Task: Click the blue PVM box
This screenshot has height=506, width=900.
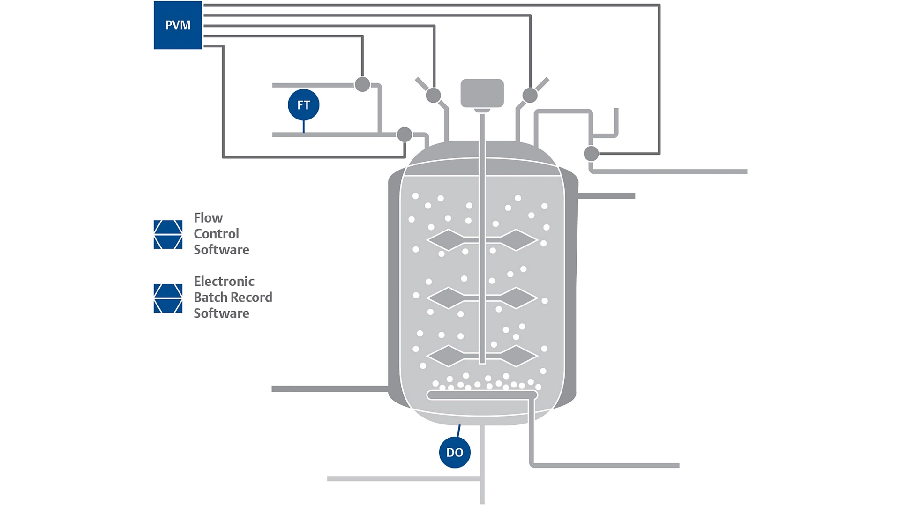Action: [x=178, y=25]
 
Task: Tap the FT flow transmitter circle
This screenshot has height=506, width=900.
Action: [x=303, y=104]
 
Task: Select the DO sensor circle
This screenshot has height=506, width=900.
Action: [x=454, y=452]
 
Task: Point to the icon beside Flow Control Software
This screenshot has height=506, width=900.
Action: [x=168, y=234]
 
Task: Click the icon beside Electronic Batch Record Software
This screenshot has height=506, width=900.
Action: [x=168, y=298]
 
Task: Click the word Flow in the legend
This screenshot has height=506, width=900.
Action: [x=208, y=218]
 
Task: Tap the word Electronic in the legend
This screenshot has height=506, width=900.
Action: [x=224, y=281]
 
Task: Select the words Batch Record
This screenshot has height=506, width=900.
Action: [x=232, y=297]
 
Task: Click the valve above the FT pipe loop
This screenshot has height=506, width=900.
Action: [x=362, y=84]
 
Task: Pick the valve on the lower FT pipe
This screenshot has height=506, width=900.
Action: [x=404, y=134]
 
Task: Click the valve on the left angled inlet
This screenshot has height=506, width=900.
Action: [x=433, y=95]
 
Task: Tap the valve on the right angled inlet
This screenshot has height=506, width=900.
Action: [x=530, y=95]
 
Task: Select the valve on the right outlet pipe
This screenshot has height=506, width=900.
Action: [x=591, y=153]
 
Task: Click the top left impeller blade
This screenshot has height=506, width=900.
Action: [x=448, y=240]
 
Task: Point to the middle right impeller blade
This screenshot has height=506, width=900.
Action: [x=516, y=298]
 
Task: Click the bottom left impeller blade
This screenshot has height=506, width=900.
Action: [x=448, y=356]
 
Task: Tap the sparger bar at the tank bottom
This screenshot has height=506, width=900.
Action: [x=482, y=395]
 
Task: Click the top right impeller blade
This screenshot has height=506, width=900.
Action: [x=516, y=240]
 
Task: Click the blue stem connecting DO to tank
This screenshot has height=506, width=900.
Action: [x=458, y=431]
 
